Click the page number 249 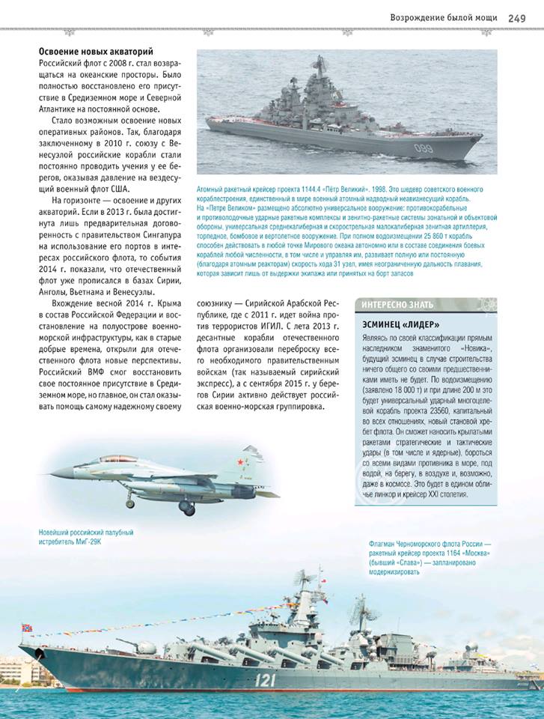517,17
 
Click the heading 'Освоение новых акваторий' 96,52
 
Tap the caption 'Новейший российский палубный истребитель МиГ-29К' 86,537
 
